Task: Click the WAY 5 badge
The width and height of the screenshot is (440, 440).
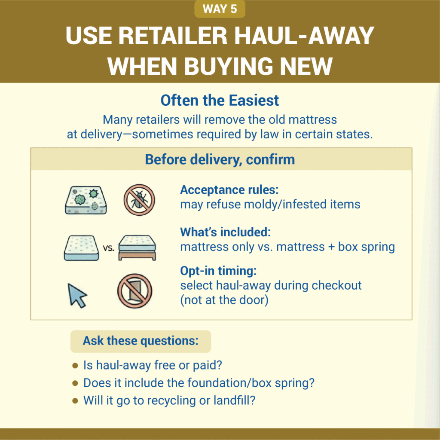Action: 220,9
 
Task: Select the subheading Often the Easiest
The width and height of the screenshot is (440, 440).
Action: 220,101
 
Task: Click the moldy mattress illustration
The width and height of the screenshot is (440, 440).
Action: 86,200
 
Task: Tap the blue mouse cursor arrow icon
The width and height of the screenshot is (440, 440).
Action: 77,294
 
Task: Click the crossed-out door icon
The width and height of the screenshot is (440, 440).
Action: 134,287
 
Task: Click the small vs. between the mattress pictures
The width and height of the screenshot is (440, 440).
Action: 109,248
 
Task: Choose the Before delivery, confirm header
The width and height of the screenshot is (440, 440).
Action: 220,159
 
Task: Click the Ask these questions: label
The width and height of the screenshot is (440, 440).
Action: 141,341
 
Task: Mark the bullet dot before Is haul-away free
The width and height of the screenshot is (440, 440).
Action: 75,366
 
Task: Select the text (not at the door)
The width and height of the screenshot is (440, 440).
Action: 224,299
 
